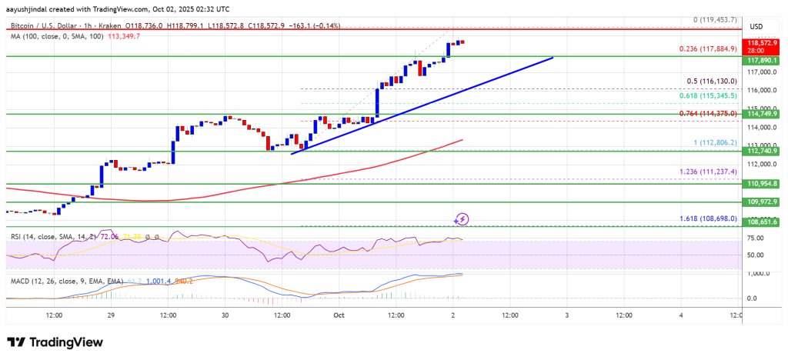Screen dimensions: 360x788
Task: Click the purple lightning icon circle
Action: pyautogui.click(x=462, y=219)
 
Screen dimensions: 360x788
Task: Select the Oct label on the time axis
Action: pyautogui.click(x=339, y=315)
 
